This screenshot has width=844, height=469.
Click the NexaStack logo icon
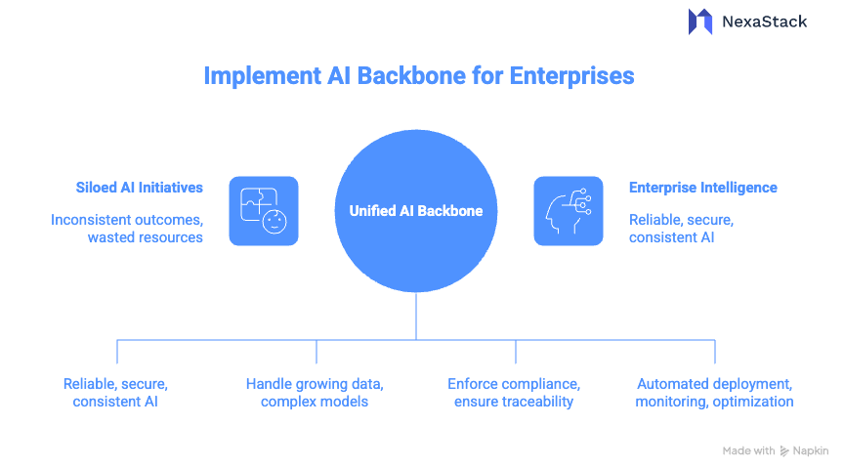(700, 21)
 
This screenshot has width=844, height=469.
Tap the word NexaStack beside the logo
(764, 21)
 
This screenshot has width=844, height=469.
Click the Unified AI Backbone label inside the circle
(416, 210)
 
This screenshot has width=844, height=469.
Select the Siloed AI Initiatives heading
(140, 187)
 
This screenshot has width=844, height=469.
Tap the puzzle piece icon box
(264, 210)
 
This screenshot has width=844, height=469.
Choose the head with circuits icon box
(568, 210)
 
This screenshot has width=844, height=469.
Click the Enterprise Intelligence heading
(702, 187)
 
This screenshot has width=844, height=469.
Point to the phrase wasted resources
(146, 237)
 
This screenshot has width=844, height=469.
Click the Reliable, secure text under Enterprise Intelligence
(681, 220)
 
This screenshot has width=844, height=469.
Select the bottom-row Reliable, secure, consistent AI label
(116, 393)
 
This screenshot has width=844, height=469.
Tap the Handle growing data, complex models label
(315, 393)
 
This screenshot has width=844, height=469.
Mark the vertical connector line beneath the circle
(416, 316)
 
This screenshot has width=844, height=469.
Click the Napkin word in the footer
(810, 450)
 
